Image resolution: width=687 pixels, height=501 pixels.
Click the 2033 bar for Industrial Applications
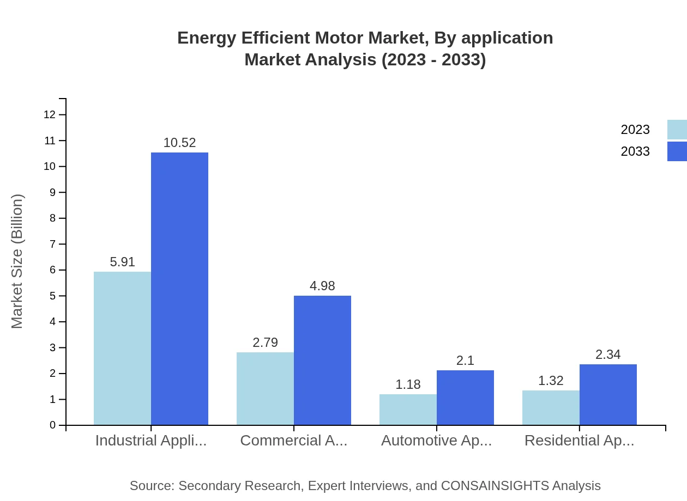click(179, 289)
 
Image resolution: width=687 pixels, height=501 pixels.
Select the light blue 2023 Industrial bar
click(122, 349)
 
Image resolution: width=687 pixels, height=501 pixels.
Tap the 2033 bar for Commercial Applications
click(322, 360)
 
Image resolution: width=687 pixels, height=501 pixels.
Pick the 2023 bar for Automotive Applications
click(408, 410)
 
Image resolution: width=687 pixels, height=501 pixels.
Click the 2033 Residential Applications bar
click(608, 394)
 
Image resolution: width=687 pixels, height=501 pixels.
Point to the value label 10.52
click(179, 143)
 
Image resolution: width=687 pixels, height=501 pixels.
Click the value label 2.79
click(265, 343)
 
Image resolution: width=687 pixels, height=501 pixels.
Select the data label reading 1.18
click(408, 384)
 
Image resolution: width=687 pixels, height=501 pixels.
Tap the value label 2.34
click(608, 355)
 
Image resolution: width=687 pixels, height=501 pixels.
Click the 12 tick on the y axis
click(50, 115)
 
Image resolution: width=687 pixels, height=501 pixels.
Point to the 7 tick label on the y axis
click(52, 244)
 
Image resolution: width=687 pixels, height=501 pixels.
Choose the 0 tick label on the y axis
click(52, 425)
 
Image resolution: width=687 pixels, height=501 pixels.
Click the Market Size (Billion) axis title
click(17, 261)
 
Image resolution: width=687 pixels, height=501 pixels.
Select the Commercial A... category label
click(293, 441)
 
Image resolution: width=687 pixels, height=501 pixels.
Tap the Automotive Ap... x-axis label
click(436, 441)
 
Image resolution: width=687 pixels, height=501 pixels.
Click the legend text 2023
click(635, 130)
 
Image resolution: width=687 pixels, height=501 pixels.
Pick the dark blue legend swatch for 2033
click(677, 151)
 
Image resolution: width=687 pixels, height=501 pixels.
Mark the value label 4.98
click(322, 286)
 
